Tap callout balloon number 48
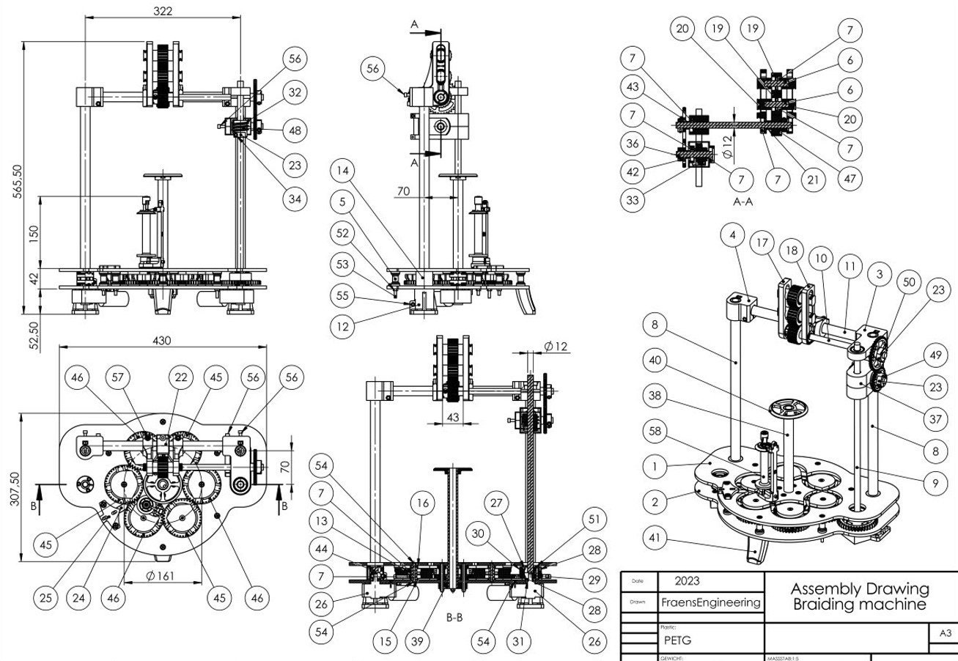pyautogui.click(x=295, y=130)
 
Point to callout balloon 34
pyautogui.click(x=295, y=199)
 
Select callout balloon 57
pyautogui.click(x=115, y=378)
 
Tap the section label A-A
pyautogui.click(x=743, y=201)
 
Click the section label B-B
pyautogui.click(x=454, y=618)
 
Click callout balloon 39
pyautogui.click(x=419, y=641)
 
